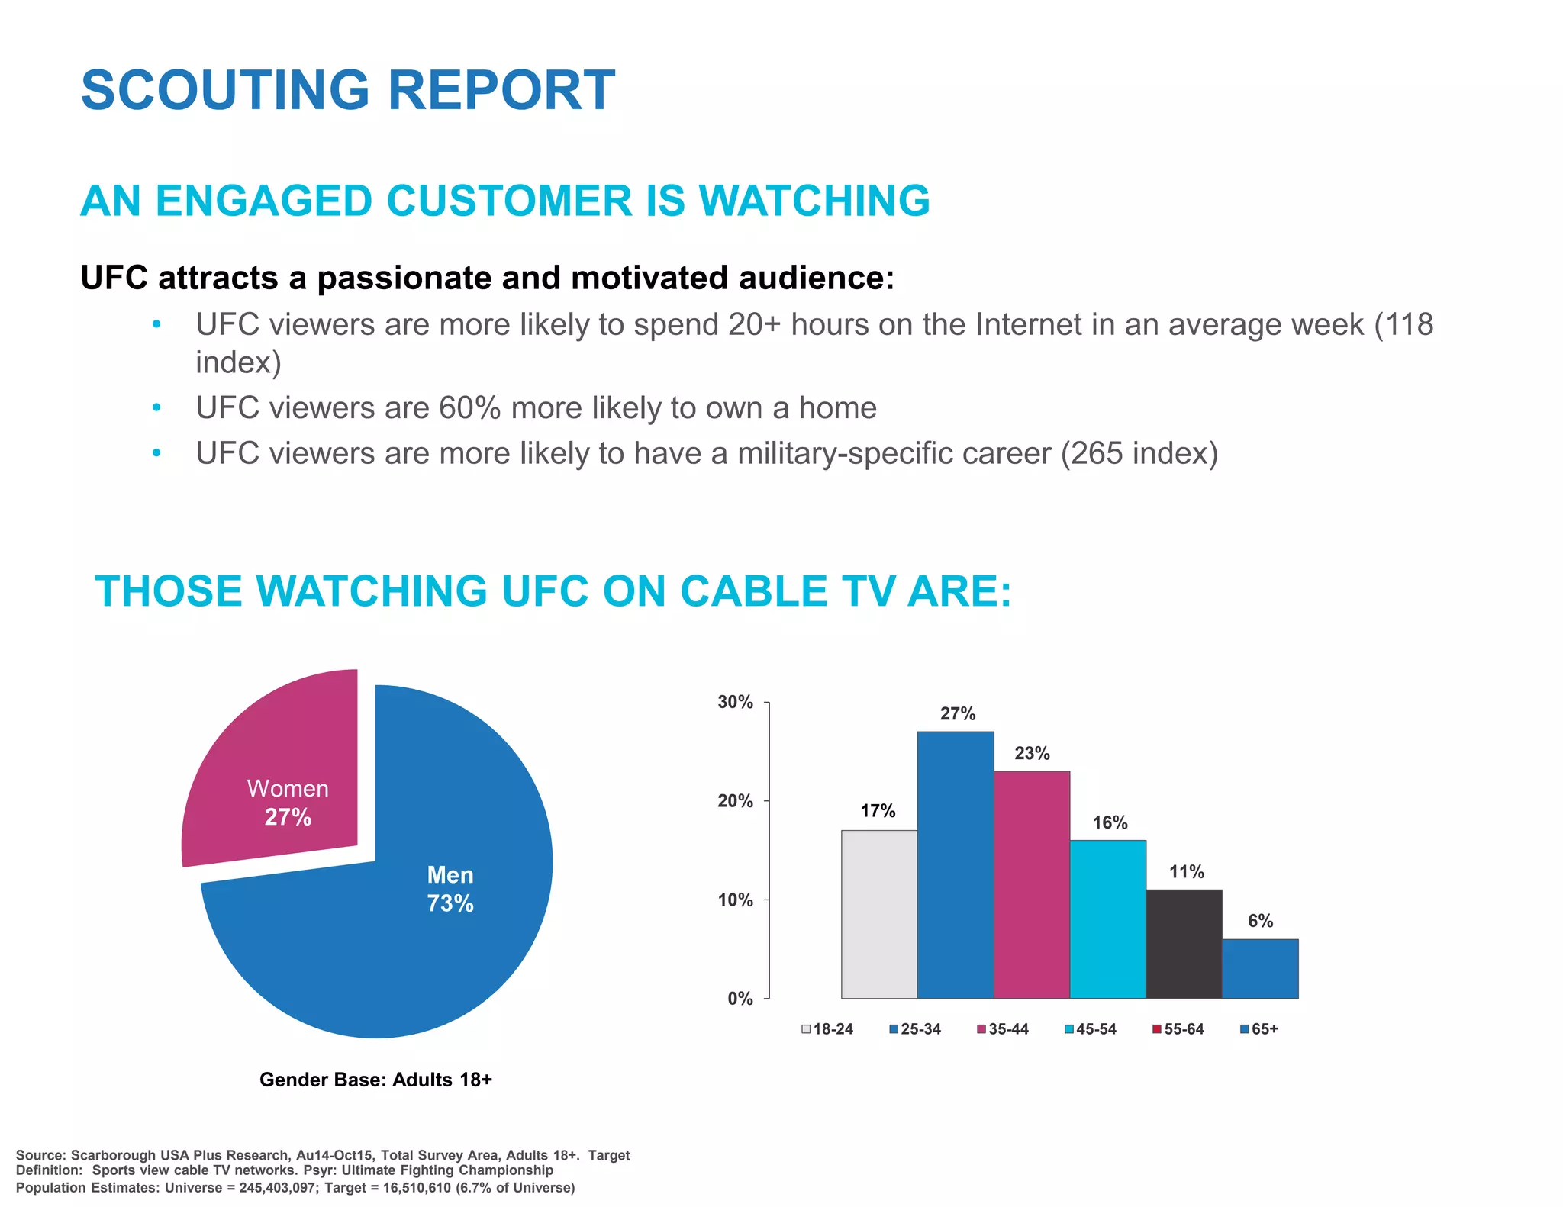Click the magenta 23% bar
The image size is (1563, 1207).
coord(1031,885)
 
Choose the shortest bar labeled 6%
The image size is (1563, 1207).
coord(1260,969)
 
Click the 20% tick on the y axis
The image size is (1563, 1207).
coord(736,801)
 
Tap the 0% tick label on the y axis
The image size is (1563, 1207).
coord(740,999)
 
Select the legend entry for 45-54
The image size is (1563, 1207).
coord(1091,1029)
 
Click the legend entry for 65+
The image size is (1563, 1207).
coord(1259,1029)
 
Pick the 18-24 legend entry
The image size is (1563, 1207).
coord(827,1029)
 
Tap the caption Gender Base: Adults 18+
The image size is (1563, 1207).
coord(375,1080)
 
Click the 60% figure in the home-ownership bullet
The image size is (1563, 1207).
coord(469,408)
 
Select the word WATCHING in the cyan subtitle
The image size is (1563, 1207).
coord(814,201)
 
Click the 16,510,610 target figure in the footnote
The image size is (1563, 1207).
coord(417,1188)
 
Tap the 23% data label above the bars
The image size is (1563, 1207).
coord(1032,754)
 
